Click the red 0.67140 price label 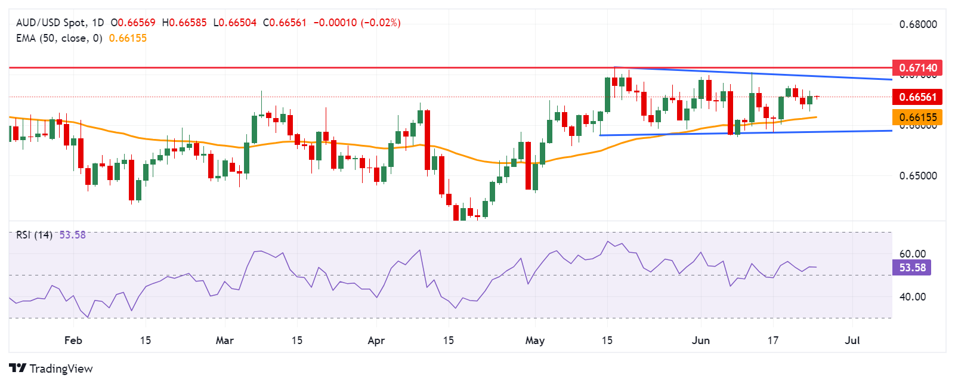[917, 67]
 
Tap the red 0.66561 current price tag [917, 97]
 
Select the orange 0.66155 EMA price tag [917, 117]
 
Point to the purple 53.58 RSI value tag [912, 268]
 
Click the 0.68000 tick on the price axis [917, 24]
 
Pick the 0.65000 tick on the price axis [917, 176]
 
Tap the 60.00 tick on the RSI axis [912, 254]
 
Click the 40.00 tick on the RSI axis [912, 297]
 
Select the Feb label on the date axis [73, 340]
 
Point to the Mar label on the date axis [224, 340]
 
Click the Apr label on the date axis [376, 340]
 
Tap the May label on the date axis [534, 340]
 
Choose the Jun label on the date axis [700, 340]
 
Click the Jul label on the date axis [852, 340]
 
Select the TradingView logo [51, 368]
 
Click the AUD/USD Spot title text [51, 23]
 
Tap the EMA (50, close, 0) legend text [59, 38]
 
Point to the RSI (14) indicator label [34, 235]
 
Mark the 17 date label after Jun [772, 340]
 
